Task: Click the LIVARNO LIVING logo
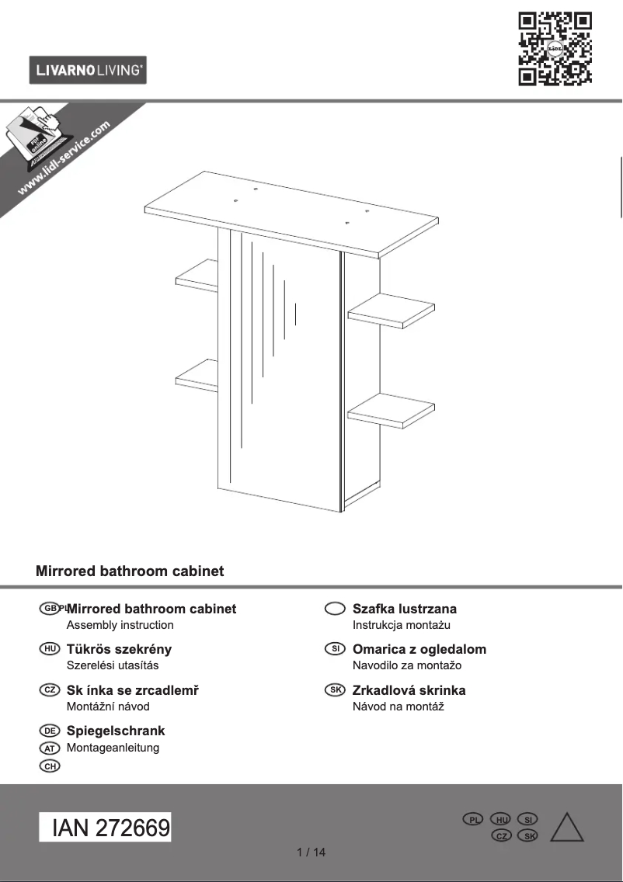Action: (88, 71)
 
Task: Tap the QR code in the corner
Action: (555, 48)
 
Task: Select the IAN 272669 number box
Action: (106, 828)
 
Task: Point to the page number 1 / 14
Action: (311, 852)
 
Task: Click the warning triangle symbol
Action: (566, 828)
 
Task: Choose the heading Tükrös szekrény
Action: (119, 649)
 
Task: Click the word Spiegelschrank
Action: (116, 731)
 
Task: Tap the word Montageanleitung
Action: (113, 748)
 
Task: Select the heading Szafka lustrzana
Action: (404, 609)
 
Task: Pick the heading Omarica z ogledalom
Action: (419, 649)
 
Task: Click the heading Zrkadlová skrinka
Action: (409, 690)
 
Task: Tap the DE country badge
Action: (50, 731)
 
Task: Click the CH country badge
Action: (50, 766)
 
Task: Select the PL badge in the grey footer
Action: (472, 820)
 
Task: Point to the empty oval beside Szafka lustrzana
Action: (335, 609)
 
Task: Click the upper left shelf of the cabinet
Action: (197, 276)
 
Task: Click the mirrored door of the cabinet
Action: (280, 373)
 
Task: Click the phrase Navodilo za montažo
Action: (406, 665)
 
